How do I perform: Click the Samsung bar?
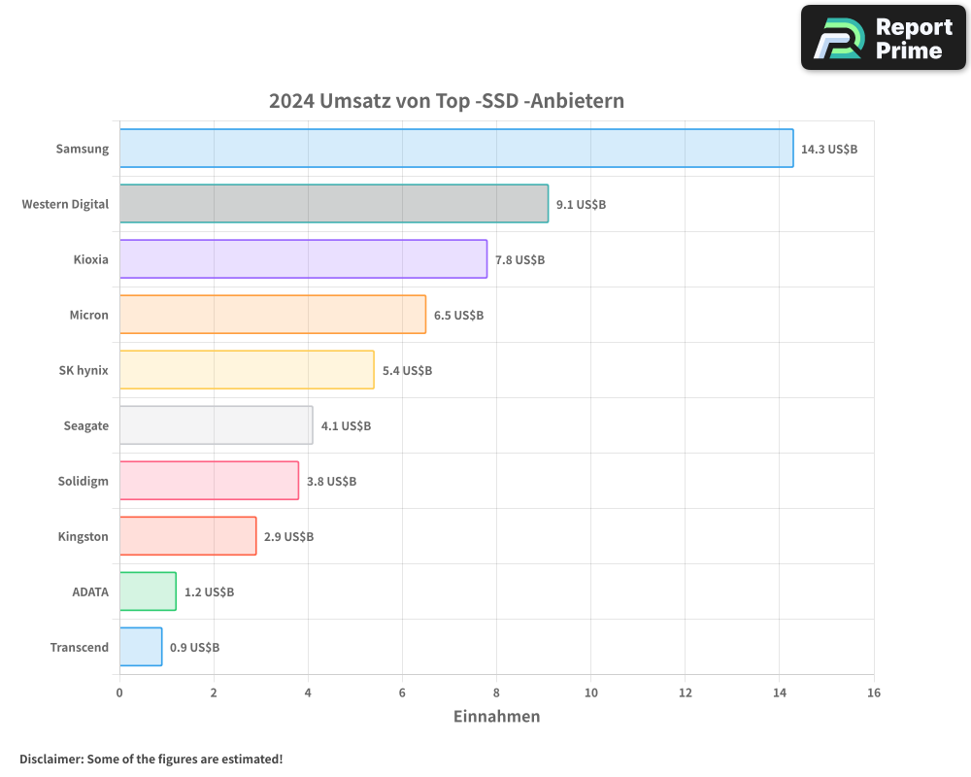tap(456, 149)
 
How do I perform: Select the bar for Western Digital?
tap(333, 204)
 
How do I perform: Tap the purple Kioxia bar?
tap(303, 259)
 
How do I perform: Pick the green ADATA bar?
tap(148, 591)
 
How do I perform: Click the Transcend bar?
tap(141, 647)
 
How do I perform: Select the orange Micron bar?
tap(272, 315)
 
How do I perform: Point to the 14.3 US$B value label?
tap(829, 150)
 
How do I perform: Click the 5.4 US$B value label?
tap(407, 371)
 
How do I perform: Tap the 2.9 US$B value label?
tap(288, 537)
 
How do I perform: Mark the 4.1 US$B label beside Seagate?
tap(346, 426)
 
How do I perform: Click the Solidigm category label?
tap(84, 482)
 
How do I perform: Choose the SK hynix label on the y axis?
tap(84, 371)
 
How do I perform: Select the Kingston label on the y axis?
tap(83, 537)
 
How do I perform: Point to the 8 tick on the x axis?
tap(496, 693)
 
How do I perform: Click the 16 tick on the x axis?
tap(873, 693)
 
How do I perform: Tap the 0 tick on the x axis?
tap(119, 693)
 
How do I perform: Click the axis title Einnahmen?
tap(496, 717)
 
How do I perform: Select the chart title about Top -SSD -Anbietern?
tap(446, 101)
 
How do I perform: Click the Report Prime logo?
tap(883, 38)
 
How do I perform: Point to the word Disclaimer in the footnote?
tap(50, 760)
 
